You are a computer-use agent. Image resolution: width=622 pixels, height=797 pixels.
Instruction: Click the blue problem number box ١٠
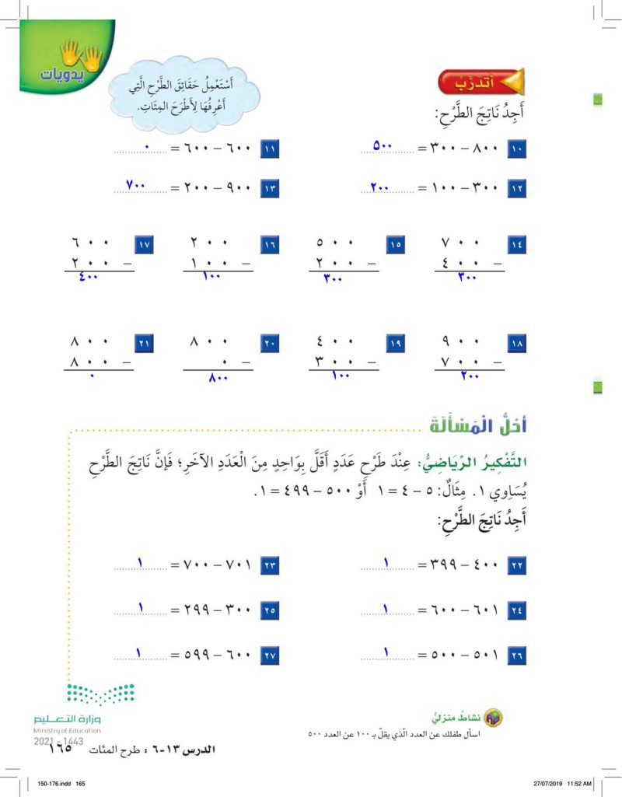click(517, 147)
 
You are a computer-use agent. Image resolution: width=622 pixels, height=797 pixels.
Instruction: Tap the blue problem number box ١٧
click(142, 245)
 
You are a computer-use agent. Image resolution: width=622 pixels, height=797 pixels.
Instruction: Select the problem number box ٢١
click(142, 343)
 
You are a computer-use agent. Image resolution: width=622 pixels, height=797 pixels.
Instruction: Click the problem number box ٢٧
click(269, 655)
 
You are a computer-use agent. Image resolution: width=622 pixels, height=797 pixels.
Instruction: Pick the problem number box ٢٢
click(517, 566)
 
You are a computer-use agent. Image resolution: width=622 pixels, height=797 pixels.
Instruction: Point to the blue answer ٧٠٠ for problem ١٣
click(137, 187)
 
